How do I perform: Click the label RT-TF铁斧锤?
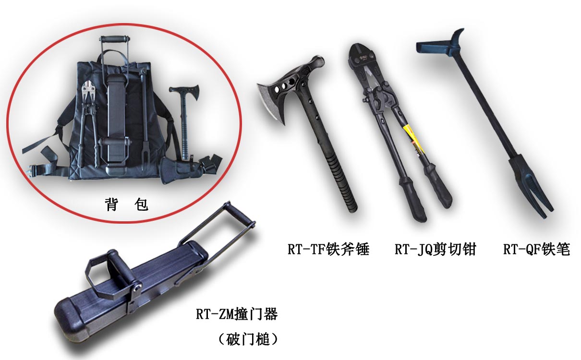pyautogui.click(x=328, y=249)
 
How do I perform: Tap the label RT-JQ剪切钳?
pyautogui.click(x=435, y=249)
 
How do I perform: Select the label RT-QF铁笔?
pyautogui.click(x=537, y=249)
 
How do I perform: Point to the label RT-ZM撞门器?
pyautogui.click(x=237, y=314)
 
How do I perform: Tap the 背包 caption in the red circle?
pyautogui.click(x=126, y=204)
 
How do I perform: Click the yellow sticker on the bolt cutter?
pyautogui.click(x=415, y=139)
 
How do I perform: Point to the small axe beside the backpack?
pyautogui.click(x=185, y=122)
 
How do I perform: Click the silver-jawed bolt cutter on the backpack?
pyautogui.click(x=89, y=124)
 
